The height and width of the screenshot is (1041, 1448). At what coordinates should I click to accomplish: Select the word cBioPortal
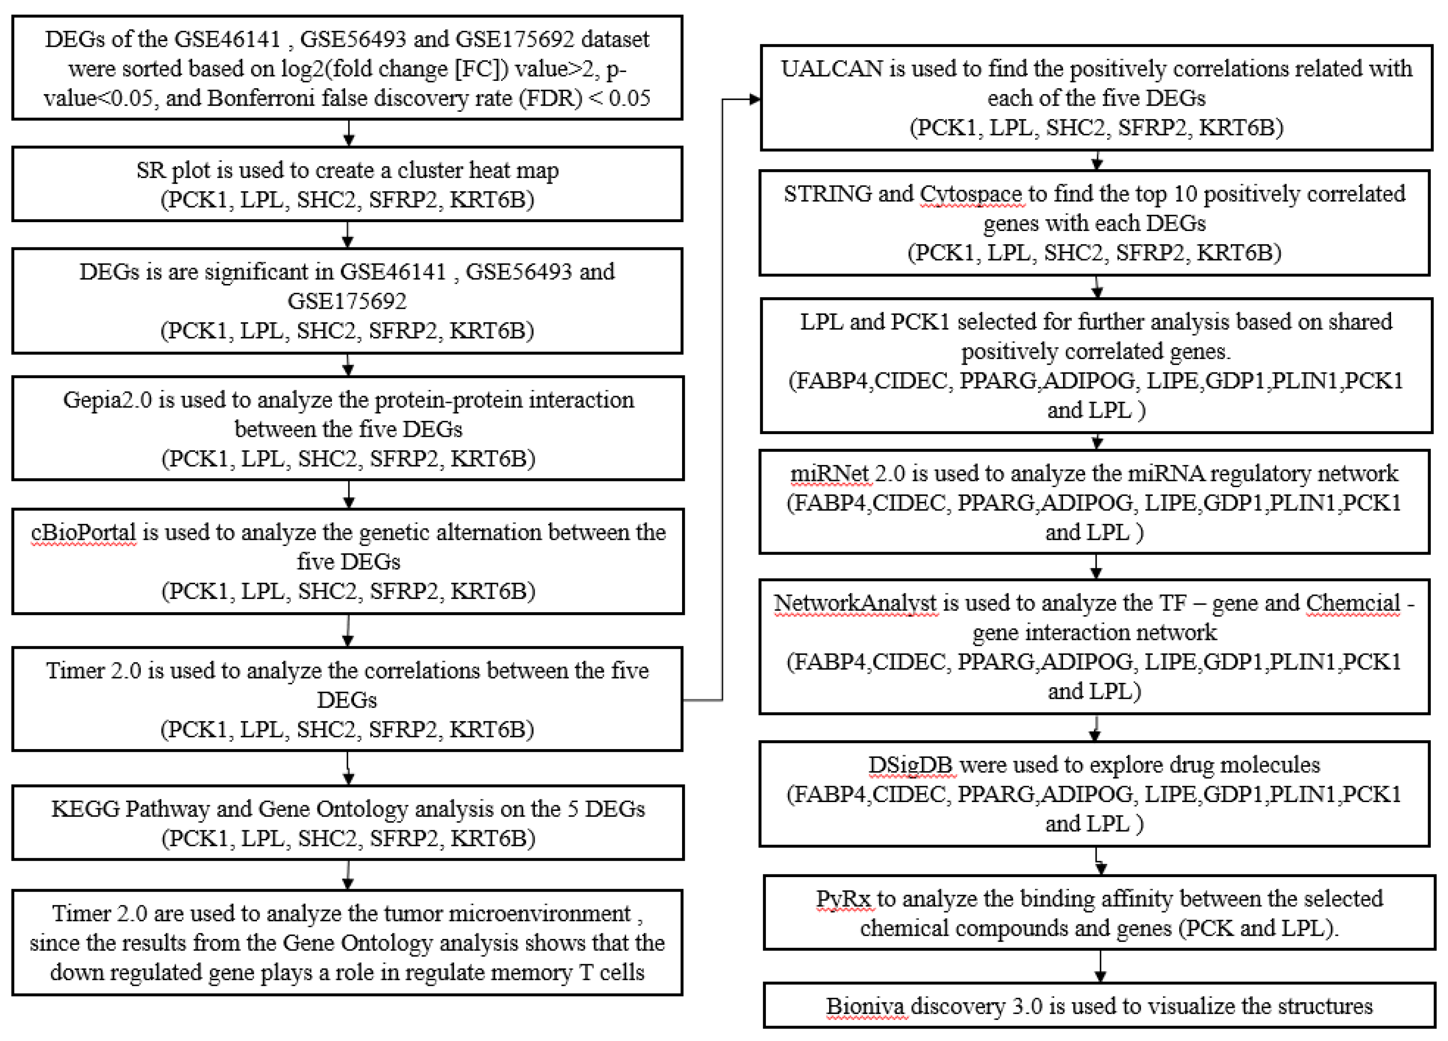[x=83, y=533]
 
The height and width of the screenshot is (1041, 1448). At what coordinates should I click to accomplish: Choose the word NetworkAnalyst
[x=856, y=603]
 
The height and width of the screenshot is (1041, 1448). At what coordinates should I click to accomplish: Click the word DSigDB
[x=910, y=765]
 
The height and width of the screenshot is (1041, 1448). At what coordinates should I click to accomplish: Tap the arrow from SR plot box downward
[x=347, y=235]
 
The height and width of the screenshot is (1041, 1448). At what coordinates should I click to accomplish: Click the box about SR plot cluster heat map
[x=347, y=184]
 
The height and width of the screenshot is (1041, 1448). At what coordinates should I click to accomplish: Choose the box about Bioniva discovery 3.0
[x=1099, y=1006]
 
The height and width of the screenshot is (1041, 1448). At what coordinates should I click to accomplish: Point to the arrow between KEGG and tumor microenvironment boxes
[x=347, y=875]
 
